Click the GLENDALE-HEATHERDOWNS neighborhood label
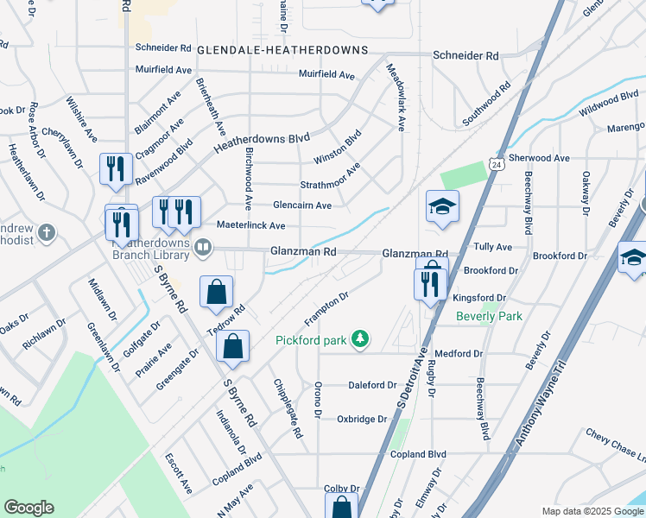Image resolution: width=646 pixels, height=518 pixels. [282, 51]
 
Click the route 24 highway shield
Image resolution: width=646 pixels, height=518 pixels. [495, 163]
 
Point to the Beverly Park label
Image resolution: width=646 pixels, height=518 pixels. [489, 317]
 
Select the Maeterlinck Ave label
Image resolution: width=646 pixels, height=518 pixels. [250, 225]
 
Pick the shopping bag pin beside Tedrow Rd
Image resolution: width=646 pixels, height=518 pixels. [215, 294]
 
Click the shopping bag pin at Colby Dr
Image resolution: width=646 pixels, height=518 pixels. [342, 509]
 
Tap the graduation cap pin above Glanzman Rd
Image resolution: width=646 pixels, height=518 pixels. [442, 208]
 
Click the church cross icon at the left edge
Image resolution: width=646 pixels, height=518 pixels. [47, 232]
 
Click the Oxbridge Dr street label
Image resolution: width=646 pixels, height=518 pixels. [362, 419]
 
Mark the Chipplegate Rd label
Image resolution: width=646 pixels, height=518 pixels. [288, 409]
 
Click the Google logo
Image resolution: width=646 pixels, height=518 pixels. [28, 508]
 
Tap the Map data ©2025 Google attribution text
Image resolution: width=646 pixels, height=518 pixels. [592, 511]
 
